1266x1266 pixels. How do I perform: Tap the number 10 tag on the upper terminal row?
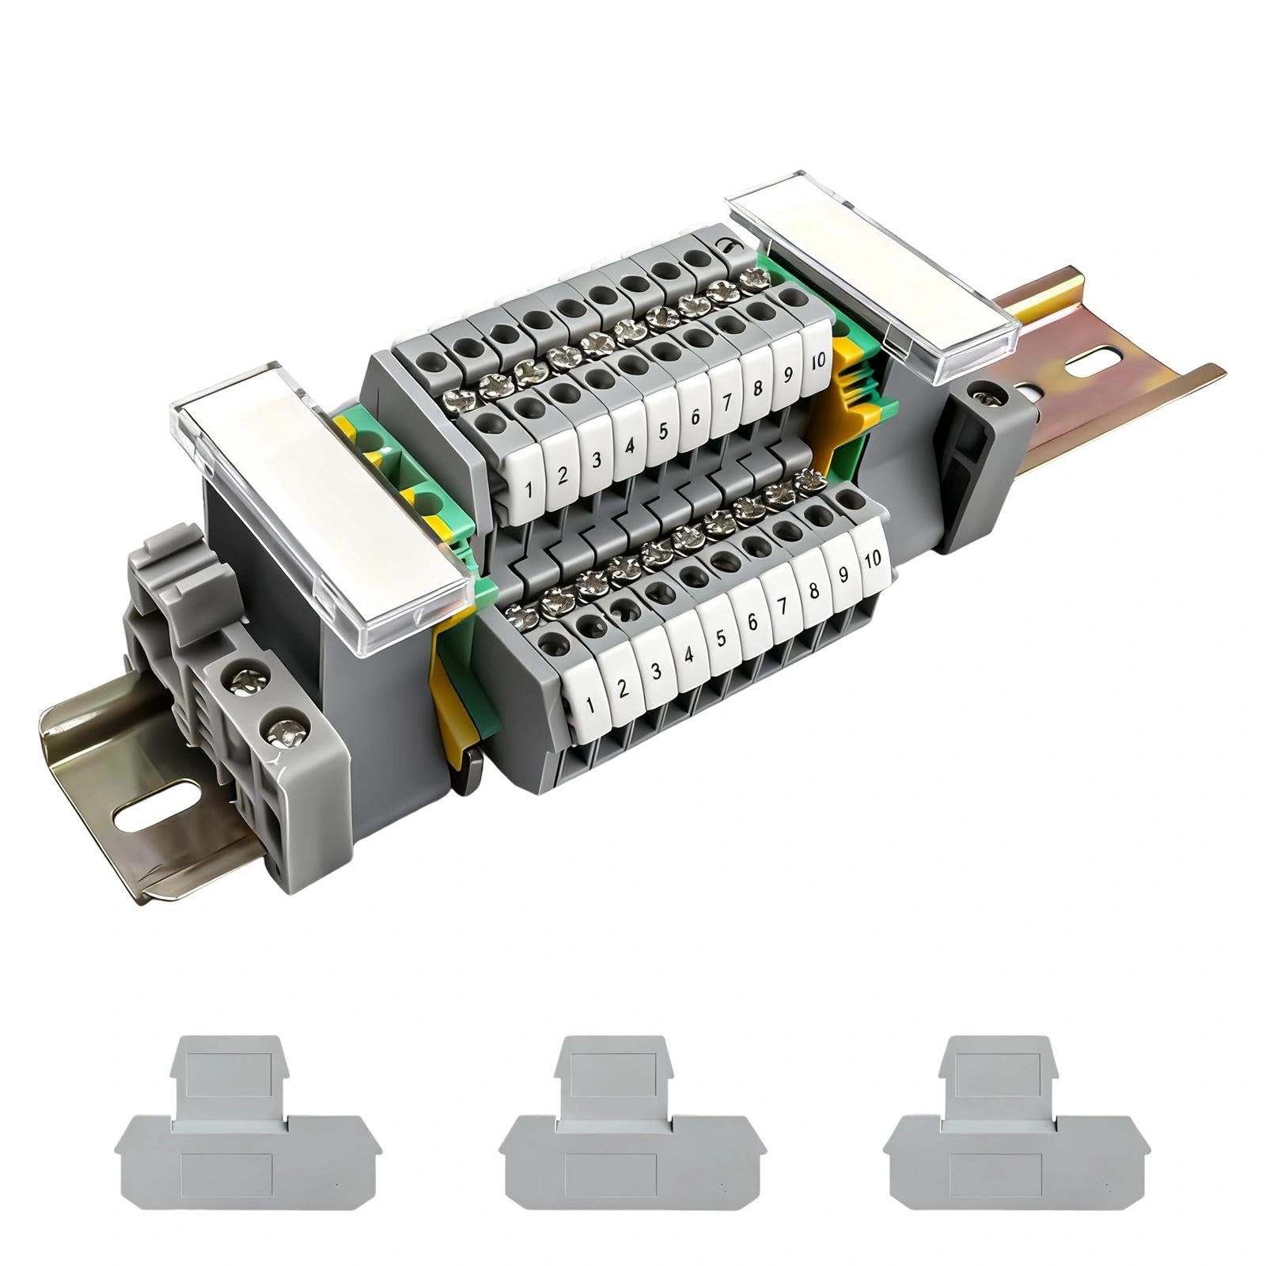pyautogui.click(x=817, y=359)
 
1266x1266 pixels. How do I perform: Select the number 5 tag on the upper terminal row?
pyautogui.click(x=661, y=429)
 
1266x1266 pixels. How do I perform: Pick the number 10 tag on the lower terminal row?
pyautogui.click(x=872, y=559)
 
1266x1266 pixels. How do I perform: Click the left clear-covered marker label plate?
pyautogui.click(x=320, y=517)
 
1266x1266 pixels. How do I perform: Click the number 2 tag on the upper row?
pyautogui.click(x=563, y=475)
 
